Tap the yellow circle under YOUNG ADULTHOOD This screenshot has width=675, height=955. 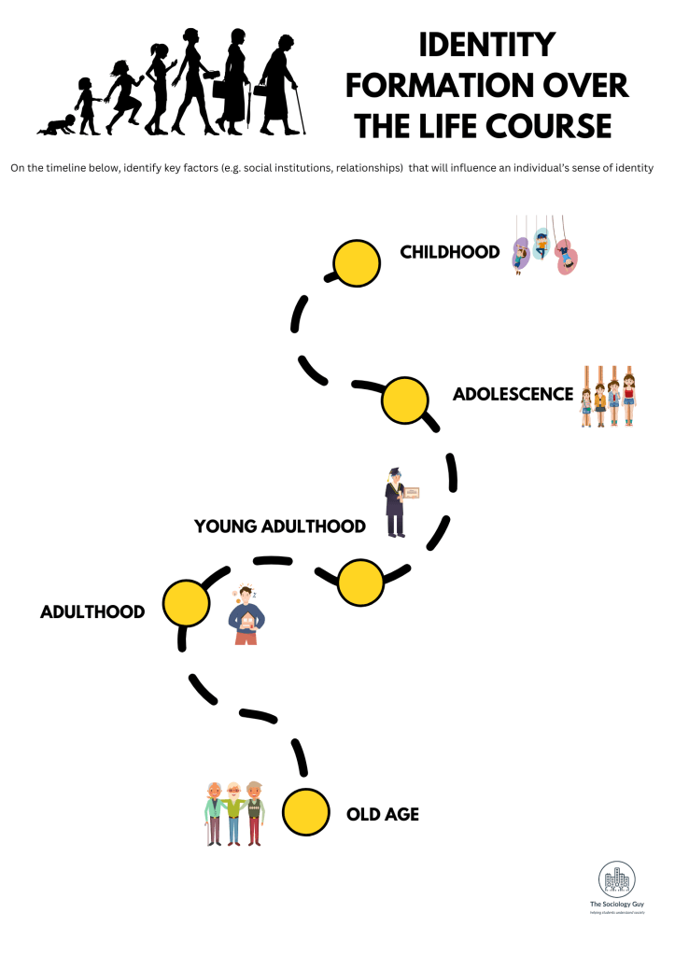[359, 583]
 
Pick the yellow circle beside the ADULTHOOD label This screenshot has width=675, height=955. [186, 604]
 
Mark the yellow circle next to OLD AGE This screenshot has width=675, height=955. [306, 811]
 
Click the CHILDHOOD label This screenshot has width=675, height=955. [450, 252]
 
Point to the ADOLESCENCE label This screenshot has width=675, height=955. [513, 394]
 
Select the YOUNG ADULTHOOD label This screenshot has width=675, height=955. [279, 527]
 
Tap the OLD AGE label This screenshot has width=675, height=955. [383, 814]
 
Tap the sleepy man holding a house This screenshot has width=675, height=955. [247, 615]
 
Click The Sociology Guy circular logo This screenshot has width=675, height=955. [616, 879]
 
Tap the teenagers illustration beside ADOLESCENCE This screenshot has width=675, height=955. [608, 396]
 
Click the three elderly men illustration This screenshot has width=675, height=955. [234, 813]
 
